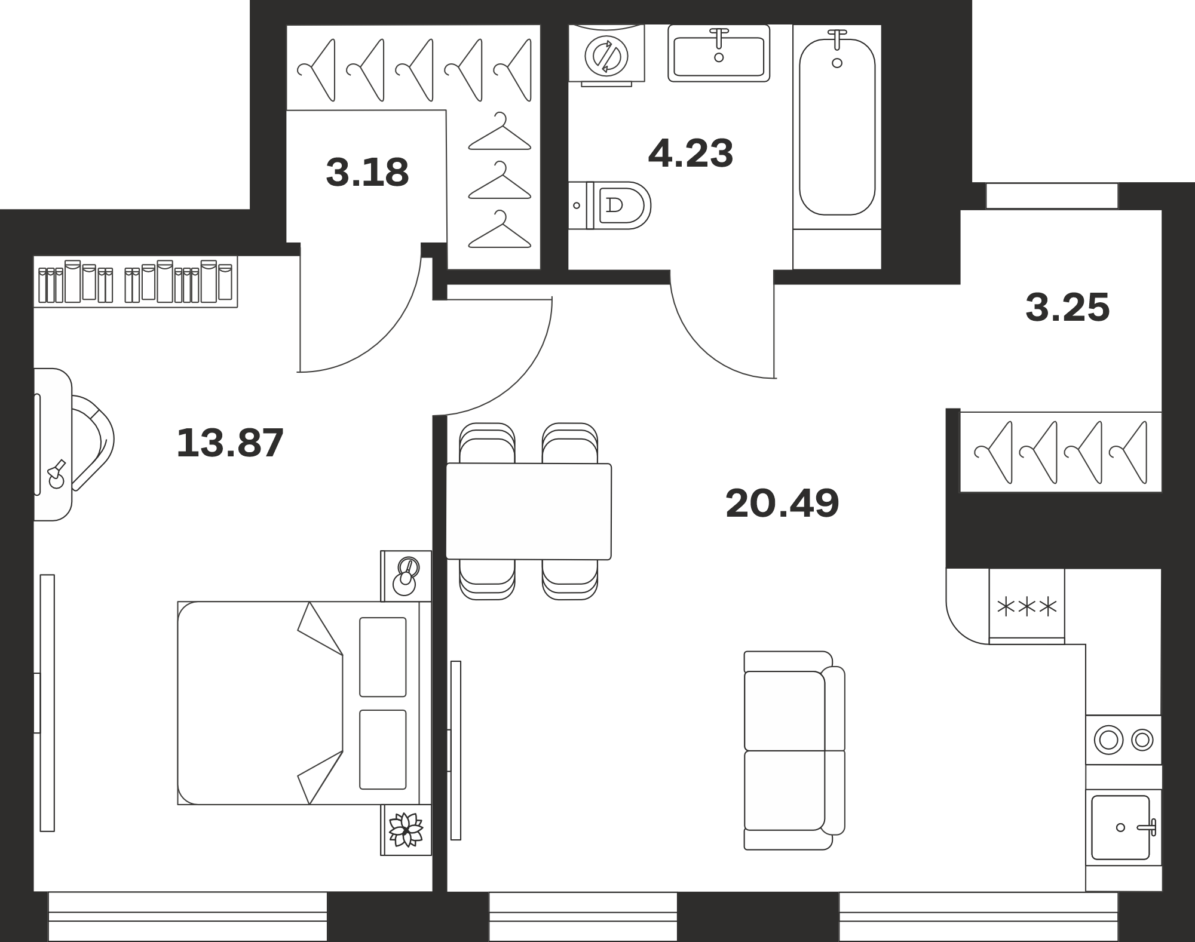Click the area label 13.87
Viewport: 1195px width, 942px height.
click(230, 443)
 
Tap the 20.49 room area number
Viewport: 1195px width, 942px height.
click(782, 503)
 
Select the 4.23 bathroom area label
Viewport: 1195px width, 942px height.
click(690, 154)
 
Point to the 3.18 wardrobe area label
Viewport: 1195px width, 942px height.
click(367, 172)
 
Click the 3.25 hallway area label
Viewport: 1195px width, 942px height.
click(1068, 308)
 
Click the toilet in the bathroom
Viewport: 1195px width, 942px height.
click(609, 205)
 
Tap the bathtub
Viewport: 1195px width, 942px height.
click(837, 127)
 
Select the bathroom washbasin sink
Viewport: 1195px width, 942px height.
click(719, 54)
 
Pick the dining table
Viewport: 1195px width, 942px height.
click(529, 511)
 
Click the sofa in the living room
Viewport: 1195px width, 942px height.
click(794, 750)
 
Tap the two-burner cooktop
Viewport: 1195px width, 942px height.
click(1124, 740)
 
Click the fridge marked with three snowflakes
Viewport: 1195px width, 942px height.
click(1027, 607)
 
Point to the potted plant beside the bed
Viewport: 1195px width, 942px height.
click(406, 830)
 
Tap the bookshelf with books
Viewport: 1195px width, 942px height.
click(136, 282)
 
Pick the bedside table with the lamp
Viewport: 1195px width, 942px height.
click(406, 576)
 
